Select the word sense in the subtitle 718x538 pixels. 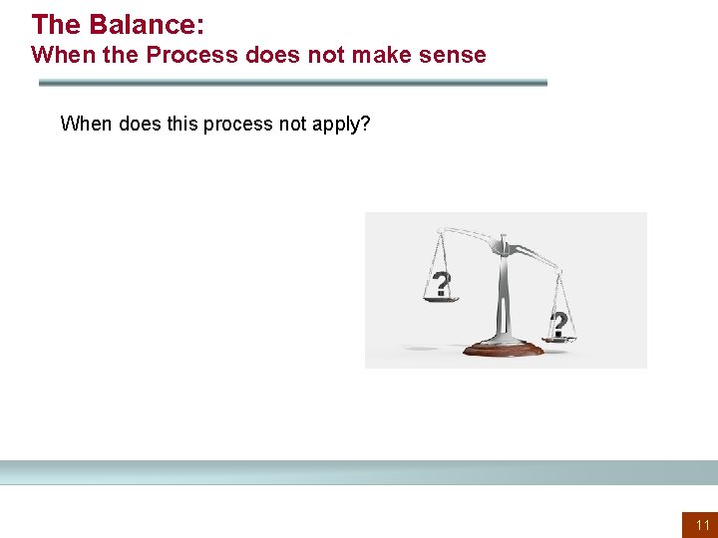coord(455,55)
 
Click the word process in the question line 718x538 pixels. coord(237,124)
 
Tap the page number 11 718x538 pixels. coord(702,525)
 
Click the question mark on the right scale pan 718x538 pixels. coord(559,324)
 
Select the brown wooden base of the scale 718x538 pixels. coord(504,350)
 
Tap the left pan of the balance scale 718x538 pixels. coord(440,297)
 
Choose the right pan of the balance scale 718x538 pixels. coord(560,339)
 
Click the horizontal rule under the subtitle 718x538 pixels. coord(292,83)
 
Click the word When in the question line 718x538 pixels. coord(86,124)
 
